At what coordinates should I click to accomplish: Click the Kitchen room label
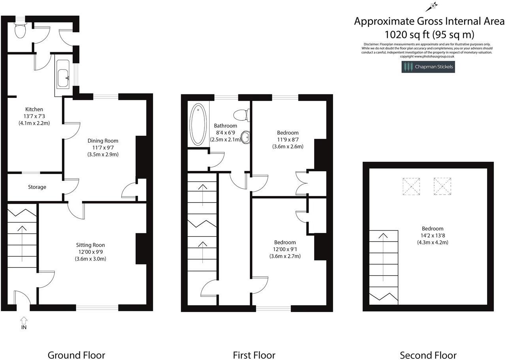34,109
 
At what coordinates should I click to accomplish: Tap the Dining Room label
103,141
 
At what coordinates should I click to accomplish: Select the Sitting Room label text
90,245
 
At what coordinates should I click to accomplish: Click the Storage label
37,187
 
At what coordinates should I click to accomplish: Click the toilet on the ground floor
20,30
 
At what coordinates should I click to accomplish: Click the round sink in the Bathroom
246,137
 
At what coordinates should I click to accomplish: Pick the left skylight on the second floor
411,186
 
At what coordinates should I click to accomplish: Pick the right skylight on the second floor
442,186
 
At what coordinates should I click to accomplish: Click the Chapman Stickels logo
428,67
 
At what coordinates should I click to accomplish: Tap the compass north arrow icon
432,6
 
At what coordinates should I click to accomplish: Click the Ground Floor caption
76,355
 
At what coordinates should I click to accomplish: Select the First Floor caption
254,355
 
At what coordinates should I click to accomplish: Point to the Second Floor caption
428,355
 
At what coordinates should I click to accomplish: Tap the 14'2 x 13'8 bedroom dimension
433,236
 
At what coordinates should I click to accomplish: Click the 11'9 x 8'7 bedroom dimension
287,140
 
